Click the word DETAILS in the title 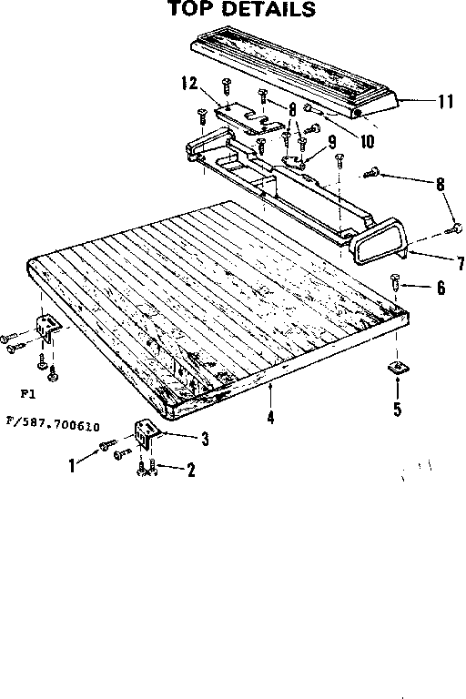(264, 10)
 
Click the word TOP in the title (190, 10)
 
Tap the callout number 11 (444, 102)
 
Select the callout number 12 (189, 84)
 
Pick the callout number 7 (460, 265)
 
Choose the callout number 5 (397, 409)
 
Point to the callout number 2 (191, 470)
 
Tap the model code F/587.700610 (52, 424)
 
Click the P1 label (25, 395)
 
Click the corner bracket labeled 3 (147, 433)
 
